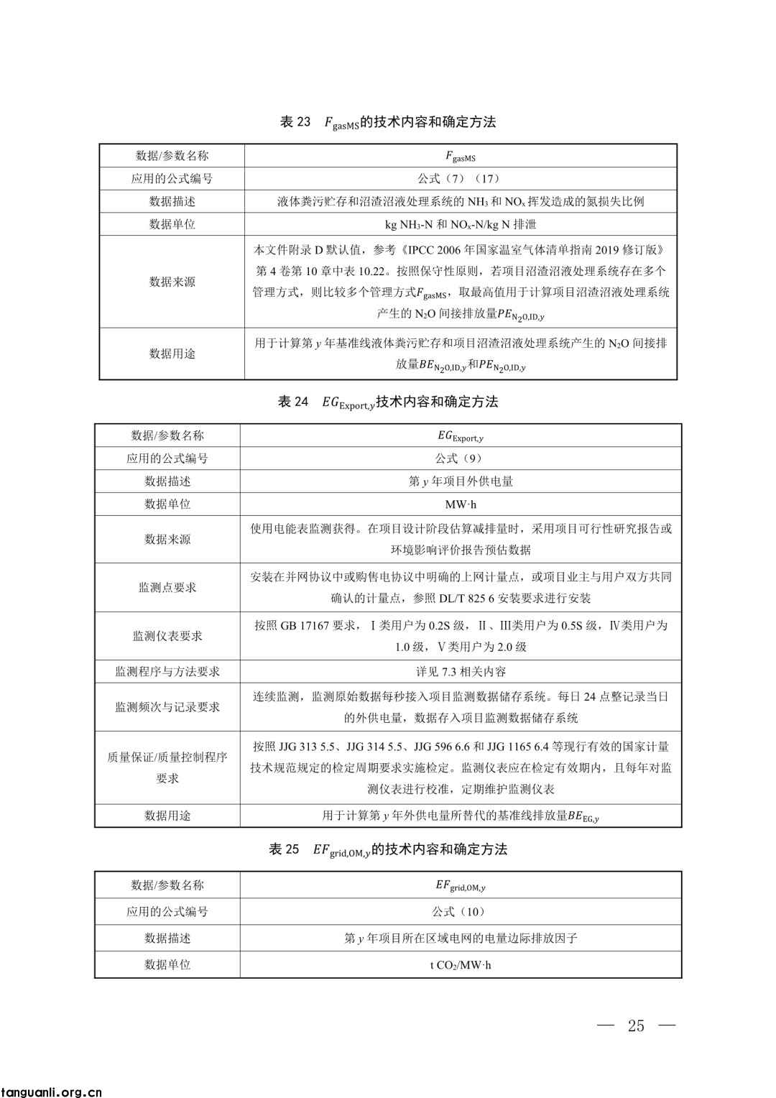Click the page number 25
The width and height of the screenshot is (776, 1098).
[x=636, y=1025]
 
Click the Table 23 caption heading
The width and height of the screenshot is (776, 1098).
[x=388, y=122]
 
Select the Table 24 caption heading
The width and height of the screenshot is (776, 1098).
[x=388, y=402]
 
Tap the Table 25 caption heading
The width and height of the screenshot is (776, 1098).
[x=388, y=849]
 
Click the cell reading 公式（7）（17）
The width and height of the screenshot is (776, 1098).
[x=461, y=179]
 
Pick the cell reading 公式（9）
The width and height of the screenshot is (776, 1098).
[x=461, y=458]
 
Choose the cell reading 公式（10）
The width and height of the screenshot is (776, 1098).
[x=461, y=912]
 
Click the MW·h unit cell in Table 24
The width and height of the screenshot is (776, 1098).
[x=461, y=504]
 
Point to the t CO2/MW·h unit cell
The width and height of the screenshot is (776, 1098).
[x=461, y=965]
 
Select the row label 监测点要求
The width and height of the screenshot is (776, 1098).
[x=167, y=588]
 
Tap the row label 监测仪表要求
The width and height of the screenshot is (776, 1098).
[x=167, y=636]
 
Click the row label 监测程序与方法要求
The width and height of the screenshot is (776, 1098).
[x=167, y=672]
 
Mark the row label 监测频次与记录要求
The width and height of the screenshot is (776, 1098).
[x=167, y=707]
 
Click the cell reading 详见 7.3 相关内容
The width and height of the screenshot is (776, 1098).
[x=461, y=672]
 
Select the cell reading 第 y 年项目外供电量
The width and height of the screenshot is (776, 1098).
[x=461, y=481]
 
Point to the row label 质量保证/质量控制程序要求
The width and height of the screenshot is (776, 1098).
[x=167, y=767]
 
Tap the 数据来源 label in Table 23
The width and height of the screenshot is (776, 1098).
[x=172, y=282]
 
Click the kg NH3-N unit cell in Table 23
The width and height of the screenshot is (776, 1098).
[x=461, y=224]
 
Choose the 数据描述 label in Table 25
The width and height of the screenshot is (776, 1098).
[x=167, y=938]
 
